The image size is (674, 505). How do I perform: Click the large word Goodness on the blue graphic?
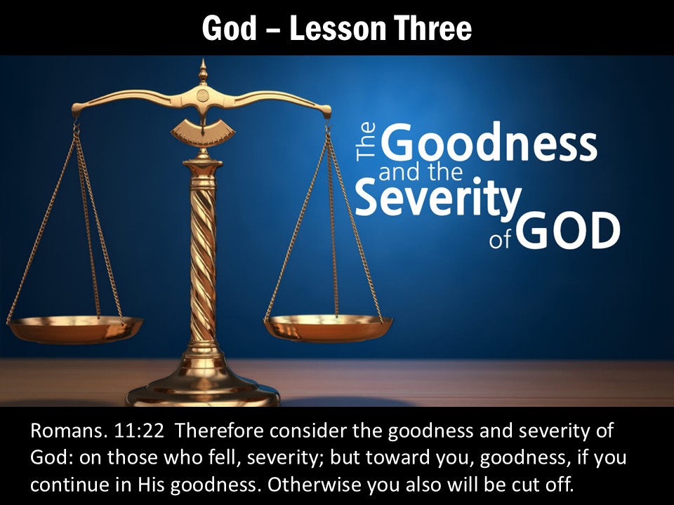tap(491, 144)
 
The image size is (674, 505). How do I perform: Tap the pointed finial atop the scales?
tap(203, 72)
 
